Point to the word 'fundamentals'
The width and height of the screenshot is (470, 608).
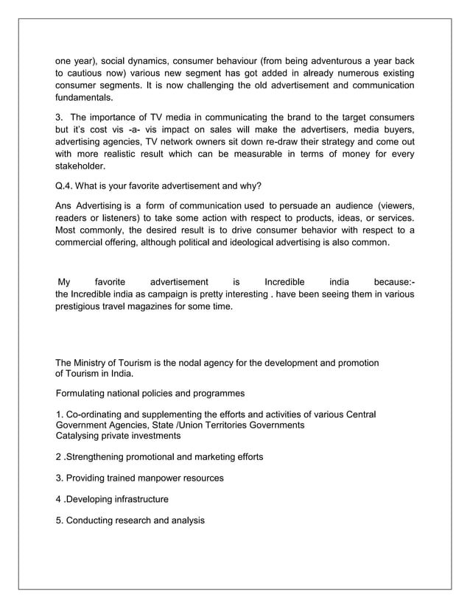[85, 97]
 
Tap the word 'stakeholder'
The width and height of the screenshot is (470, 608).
[81, 166]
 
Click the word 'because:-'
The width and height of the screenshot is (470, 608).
[393, 282]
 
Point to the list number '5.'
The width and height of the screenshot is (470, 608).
[60, 521]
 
